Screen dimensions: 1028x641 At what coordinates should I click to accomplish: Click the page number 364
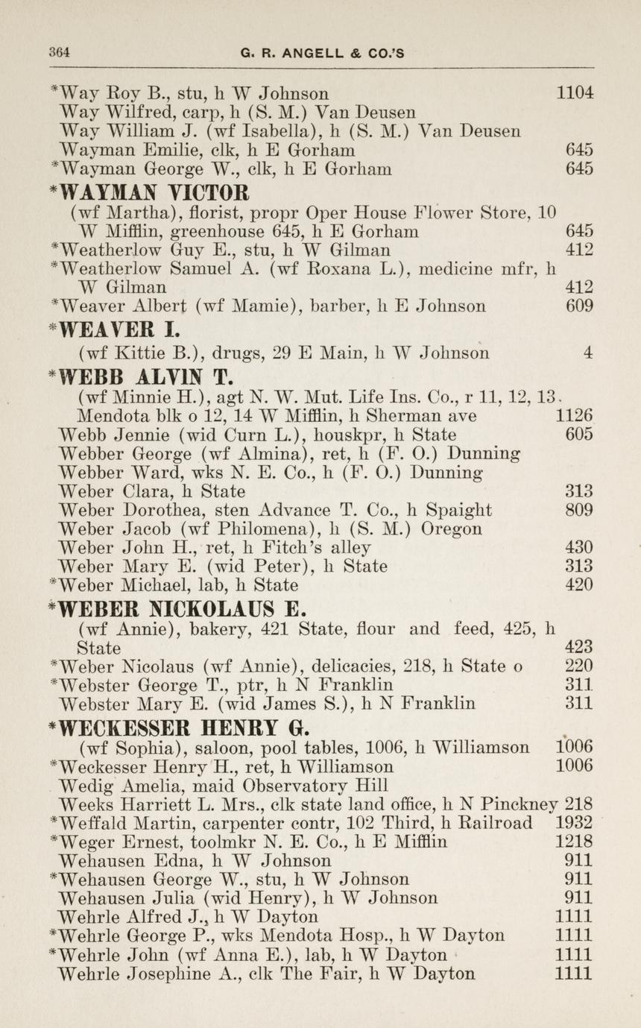(x=59, y=52)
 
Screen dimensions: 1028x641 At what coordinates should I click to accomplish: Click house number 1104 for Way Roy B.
(x=575, y=94)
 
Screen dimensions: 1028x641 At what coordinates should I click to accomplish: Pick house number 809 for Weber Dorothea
(x=579, y=510)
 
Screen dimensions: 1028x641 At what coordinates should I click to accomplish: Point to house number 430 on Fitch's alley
(x=579, y=547)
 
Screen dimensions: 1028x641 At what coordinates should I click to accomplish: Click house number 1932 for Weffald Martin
(x=575, y=823)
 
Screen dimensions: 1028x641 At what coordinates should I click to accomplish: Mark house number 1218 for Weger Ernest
(x=575, y=842)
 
